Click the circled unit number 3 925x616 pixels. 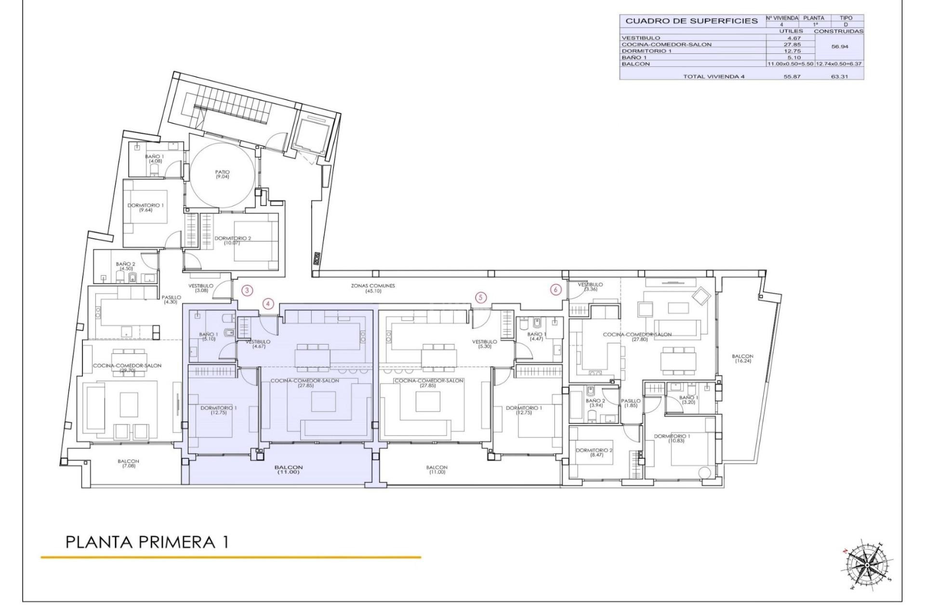247,290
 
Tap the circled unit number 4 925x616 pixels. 268,304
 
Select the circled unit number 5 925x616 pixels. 480,297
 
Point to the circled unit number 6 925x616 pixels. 556,290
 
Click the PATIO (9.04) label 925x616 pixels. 222,174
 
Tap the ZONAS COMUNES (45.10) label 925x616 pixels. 373,288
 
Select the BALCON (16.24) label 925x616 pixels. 742,359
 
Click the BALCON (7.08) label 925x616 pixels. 128,463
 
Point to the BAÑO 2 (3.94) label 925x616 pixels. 595,403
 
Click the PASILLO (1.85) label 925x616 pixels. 631,403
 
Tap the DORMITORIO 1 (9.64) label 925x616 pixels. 145,207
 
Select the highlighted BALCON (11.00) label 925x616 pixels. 289,470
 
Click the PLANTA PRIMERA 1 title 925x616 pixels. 147,542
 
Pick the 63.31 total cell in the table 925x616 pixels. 839,76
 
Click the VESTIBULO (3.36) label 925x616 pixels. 590,287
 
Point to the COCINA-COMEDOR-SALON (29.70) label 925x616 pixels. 127,368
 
